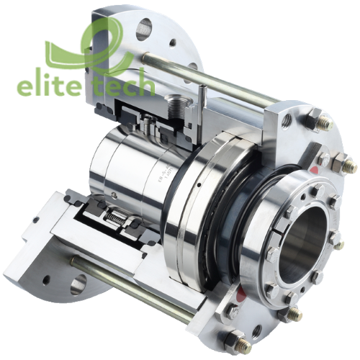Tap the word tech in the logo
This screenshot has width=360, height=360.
coord(122,86)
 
